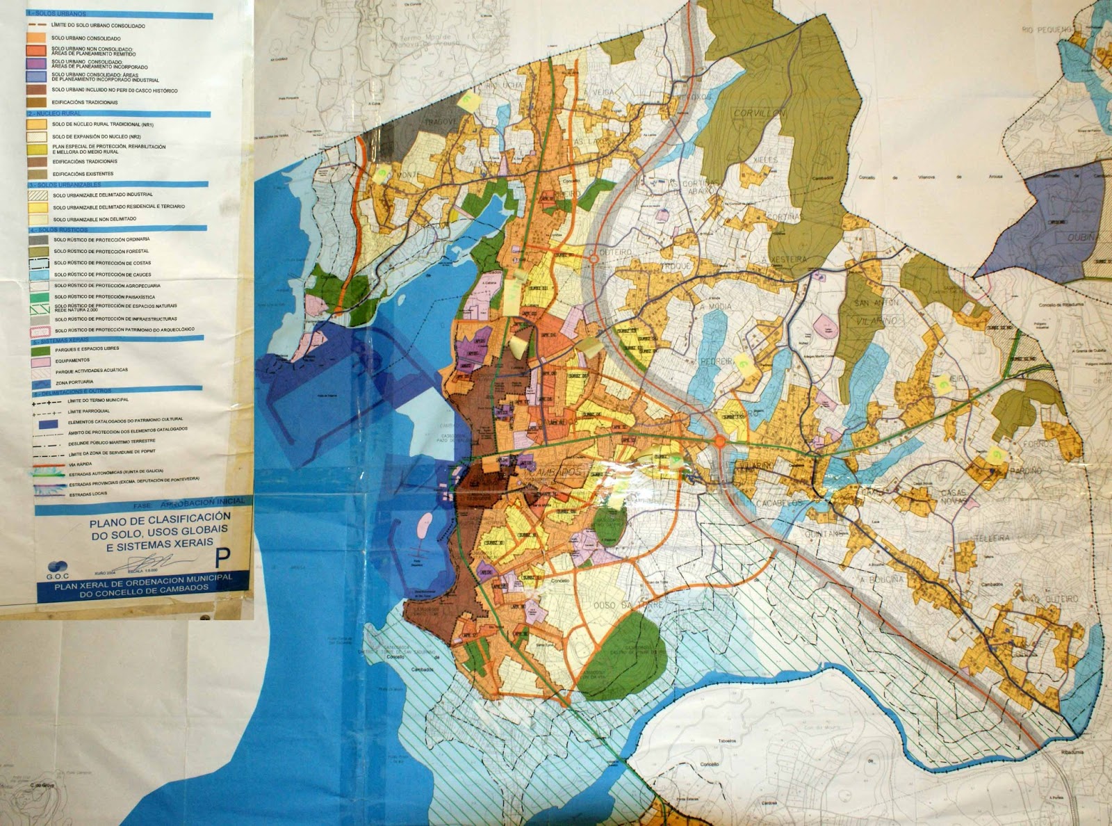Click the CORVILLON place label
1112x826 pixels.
(760, 113)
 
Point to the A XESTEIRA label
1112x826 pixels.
(785, 259)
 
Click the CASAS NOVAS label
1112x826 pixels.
(954, 496)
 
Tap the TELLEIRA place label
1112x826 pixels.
(990, 538)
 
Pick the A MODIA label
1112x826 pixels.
(716, 306)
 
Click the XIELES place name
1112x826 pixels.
(765, 159)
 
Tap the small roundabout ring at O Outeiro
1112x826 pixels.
(594, 259)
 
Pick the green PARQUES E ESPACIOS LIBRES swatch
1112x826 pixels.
(40, 349)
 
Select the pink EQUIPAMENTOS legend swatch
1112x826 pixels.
(40, 361)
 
